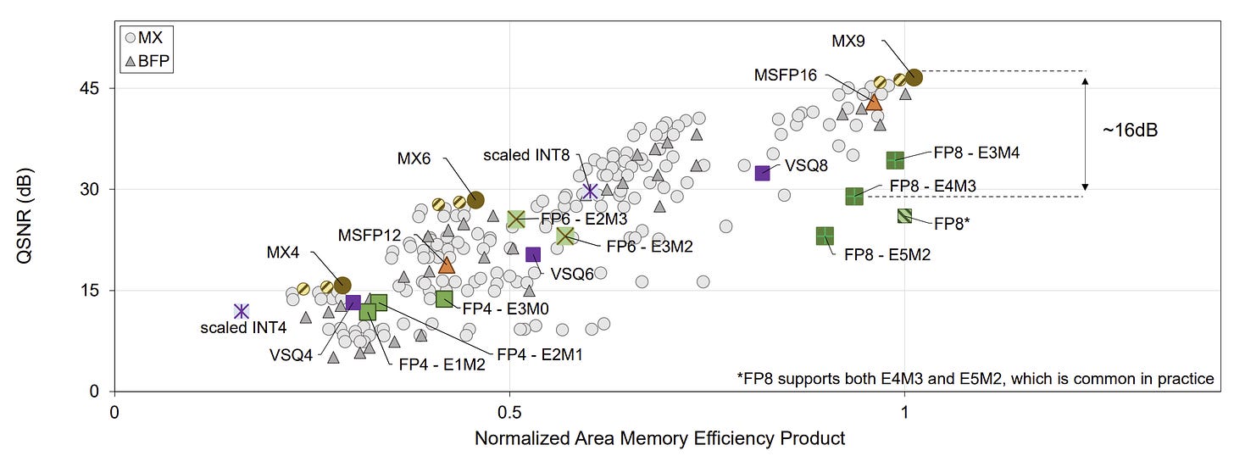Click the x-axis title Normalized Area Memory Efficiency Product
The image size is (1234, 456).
point(659,438)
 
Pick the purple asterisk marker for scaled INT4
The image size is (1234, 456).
point(242,311)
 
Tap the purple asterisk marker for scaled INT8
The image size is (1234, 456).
point(591,192)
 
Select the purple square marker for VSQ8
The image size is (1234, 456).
point(762,173)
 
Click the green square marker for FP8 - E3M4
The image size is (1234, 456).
point(895,159)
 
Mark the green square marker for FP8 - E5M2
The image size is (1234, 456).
point(824,235)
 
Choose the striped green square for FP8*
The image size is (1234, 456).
point(904,215)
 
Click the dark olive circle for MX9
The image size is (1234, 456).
point(914,77)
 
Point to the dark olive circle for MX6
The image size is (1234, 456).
point(475,199)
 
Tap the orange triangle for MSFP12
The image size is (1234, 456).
point(447,265)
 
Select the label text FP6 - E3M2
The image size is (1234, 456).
point(649,247)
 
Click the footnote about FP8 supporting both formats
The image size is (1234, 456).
point(976,379)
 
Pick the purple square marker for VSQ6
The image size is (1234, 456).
point(533,254)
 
